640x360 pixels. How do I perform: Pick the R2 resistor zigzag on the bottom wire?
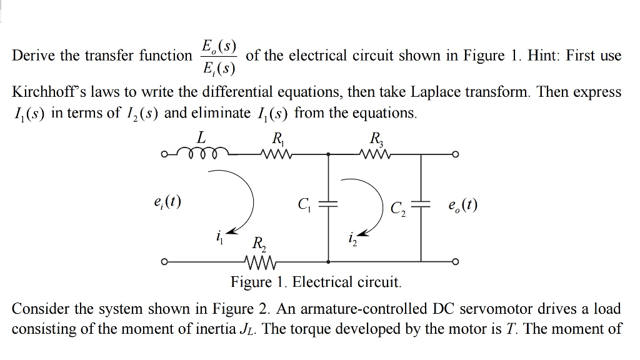pyautogui.click(x=257, y=262)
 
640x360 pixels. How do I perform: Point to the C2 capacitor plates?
pyautogui.click(x=422, y=205)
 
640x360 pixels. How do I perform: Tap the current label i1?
pyautogui.click(x=219, y=237)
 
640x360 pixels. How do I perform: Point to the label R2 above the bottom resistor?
pyautogui.click(x=257, y=244)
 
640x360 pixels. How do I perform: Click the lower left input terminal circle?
pyautogui.click(x=164, y=262)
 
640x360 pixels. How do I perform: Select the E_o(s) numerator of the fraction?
pyautogui.click(x=218, y=45)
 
